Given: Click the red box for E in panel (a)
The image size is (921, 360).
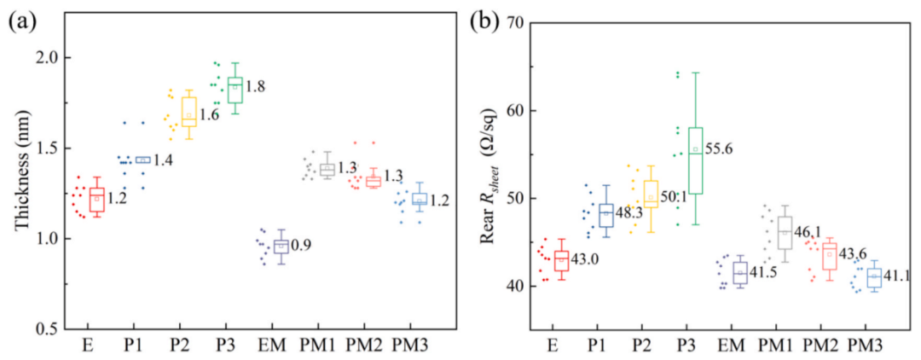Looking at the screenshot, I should pos(96,200).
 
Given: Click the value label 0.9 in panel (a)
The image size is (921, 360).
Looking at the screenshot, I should pos(303,246).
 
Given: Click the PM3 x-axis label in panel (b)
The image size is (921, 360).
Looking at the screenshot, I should pos(866,347).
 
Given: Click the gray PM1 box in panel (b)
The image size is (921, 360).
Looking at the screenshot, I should pos(785,230).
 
